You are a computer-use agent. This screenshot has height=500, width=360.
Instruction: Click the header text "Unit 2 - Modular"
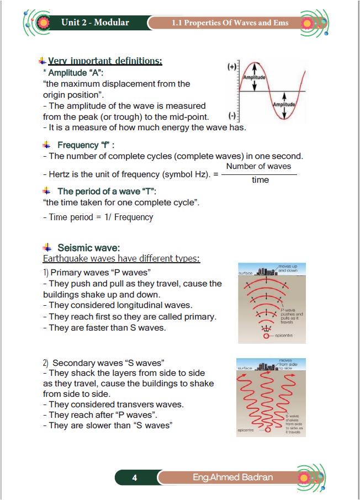pyautogui.click(x=95, y=23)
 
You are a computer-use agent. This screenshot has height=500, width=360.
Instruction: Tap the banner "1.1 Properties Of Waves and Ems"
pyautogui.click(x=230, y=23)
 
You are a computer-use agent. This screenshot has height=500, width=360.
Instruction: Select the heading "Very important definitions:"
pyautogui.click(x=105, y=61)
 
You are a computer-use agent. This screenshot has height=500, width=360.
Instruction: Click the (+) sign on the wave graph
pyautogui.click(x=232, y=67)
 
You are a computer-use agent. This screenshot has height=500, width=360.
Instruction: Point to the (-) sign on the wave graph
pyautogui.click(x=232, y=116)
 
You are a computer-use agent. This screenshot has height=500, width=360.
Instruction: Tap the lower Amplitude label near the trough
pyautogui.click(x=284, y=104)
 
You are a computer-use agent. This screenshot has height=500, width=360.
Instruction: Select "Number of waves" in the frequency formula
pyautogui.click(x=258, y=166)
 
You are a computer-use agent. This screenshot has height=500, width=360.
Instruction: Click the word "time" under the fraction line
pyautogui.click(x=260, y=180)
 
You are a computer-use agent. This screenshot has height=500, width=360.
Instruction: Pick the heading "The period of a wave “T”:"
pyautogui.click(x=107, y=192)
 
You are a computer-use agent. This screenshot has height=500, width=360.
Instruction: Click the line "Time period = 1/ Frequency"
pyautogui.click(x=98, y=217)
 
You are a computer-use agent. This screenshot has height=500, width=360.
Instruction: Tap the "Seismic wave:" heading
pyautogui.click(x=88, y=248)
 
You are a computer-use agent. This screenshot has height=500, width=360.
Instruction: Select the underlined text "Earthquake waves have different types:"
pyautogui.click(x=121, y=258)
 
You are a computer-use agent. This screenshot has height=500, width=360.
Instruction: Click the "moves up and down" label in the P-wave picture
pyautogui.click(x=289, y=269)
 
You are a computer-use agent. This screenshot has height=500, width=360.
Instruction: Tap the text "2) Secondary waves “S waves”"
pyautogui.click(x=104, y=363)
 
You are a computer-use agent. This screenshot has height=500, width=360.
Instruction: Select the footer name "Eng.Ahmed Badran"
pyautogui.click(x=233, y=477)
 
